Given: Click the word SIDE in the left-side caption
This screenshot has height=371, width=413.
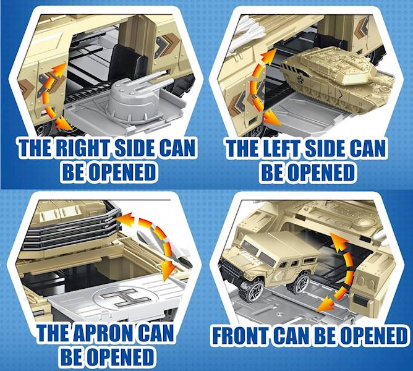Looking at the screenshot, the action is (x=325, y=148).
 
